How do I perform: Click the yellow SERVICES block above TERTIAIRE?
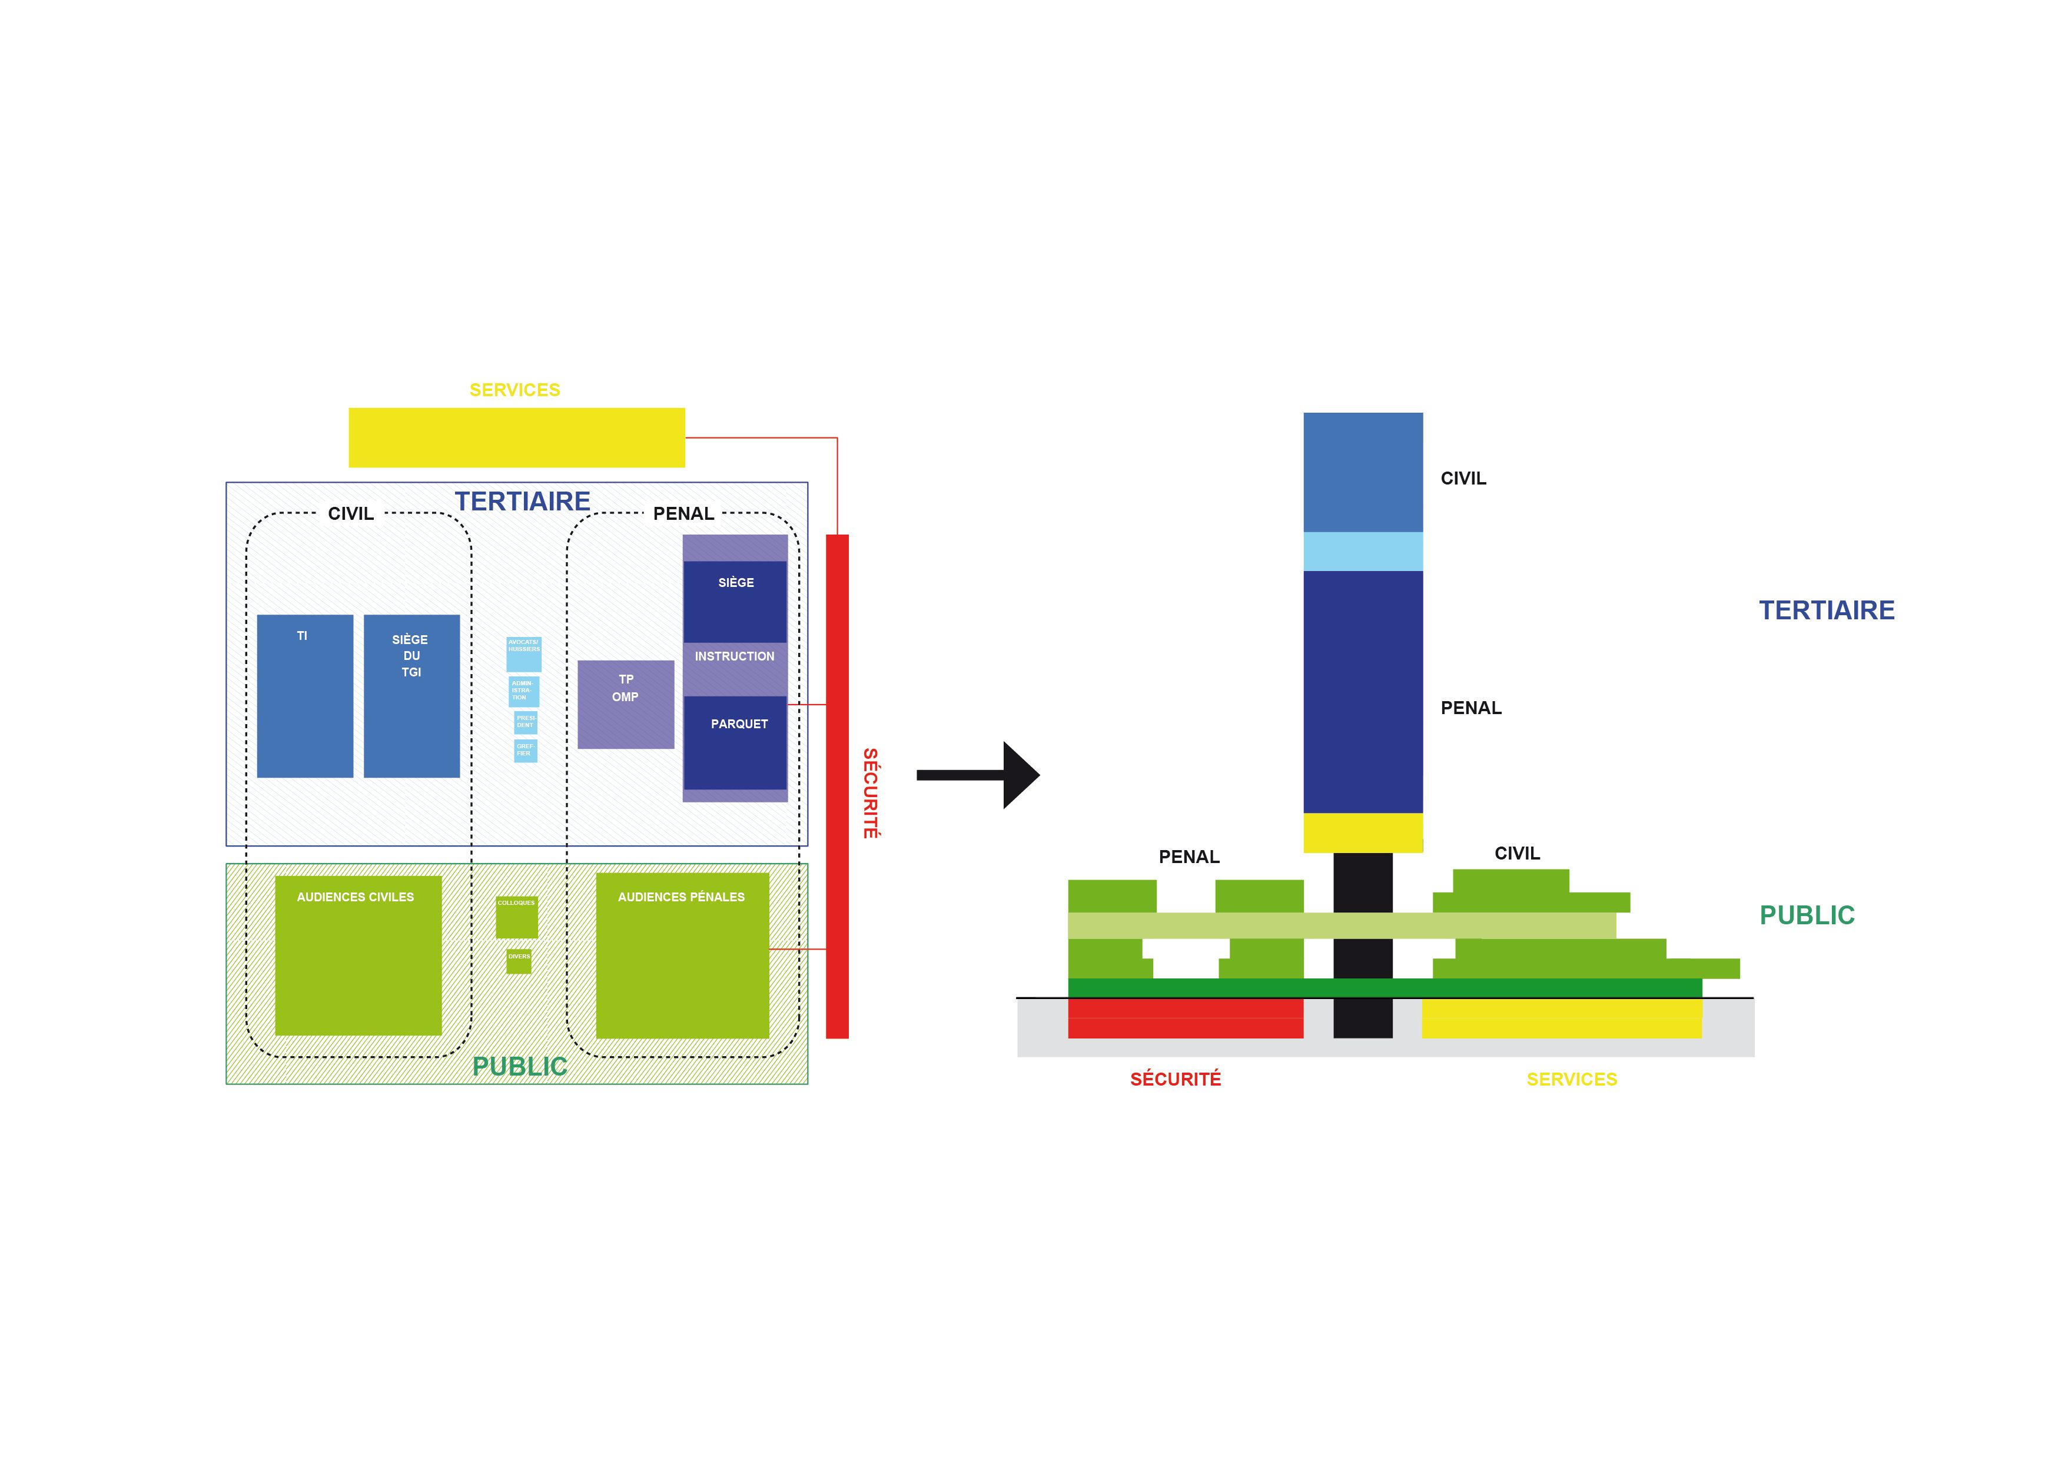coord(516,437)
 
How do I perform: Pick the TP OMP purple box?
coord(625,704)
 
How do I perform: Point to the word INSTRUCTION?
coord(734,656)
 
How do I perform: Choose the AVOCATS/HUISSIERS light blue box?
coord(523,654)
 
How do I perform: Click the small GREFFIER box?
coord(525,750)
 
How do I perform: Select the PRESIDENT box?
coord(525,721)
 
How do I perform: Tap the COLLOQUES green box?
coord(516,917)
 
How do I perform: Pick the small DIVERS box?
coord(519,961)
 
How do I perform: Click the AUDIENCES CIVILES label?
coord(356,897)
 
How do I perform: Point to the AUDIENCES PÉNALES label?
coord(681,897)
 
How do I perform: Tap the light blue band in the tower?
coord(1363,552)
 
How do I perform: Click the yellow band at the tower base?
coord(1363,832)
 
